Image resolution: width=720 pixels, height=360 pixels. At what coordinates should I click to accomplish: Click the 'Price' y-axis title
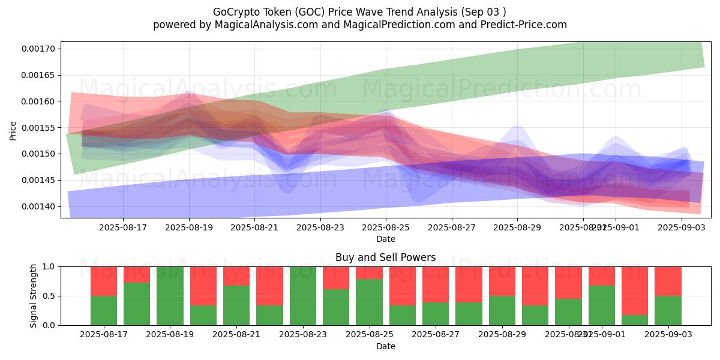tap(13, 130)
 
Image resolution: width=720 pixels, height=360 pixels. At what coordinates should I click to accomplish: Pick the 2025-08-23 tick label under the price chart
tap(320, 227)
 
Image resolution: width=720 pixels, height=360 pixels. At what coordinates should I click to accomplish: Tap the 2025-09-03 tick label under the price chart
tap(682, 227)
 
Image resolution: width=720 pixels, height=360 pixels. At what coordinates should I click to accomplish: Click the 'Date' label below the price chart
tap(385, 239)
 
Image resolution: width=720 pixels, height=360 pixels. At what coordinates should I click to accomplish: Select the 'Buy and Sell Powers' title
tap(385, 258)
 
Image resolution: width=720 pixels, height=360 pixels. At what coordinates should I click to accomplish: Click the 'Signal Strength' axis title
tap(34, 296)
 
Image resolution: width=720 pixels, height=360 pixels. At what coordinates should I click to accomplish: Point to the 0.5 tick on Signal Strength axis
tap(48, 296)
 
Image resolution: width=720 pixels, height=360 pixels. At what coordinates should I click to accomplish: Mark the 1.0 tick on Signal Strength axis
tap(48, 266)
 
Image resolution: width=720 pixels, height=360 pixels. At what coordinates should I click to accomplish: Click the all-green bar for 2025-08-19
tap(170, 296)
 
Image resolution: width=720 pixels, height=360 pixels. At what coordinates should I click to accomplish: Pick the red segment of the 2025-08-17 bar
tap(104, 281)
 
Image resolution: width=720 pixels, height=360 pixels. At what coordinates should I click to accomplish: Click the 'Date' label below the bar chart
tap(385, 346)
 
